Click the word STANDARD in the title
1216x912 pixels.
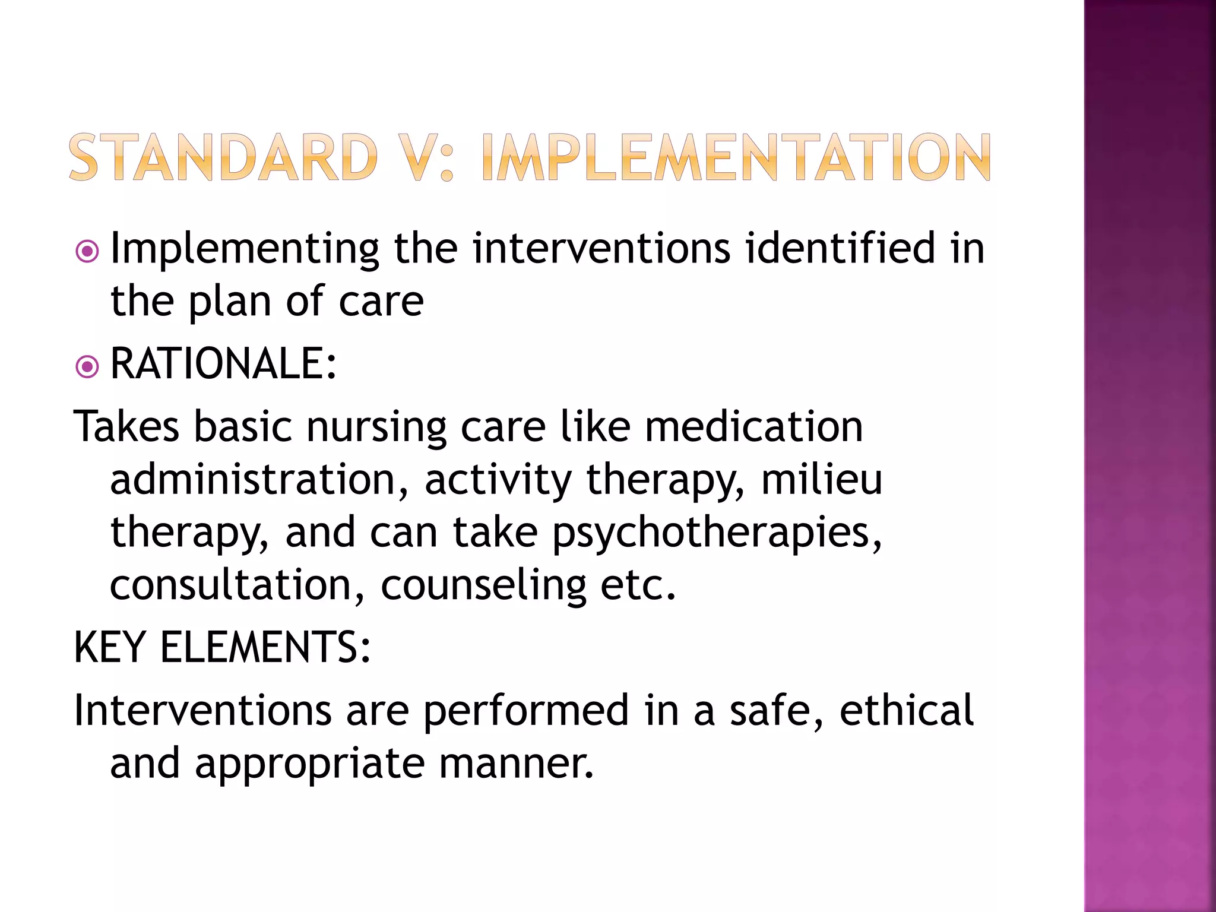(223, 157)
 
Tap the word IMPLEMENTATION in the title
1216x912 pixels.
(736, 157)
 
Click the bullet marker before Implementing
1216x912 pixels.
(87, 252)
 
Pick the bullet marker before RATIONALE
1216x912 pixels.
(87, 367)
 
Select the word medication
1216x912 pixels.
(753, 427)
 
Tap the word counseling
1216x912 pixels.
(483, 587)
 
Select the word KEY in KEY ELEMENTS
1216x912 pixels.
(109, 648)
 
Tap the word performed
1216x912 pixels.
(526, 711)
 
